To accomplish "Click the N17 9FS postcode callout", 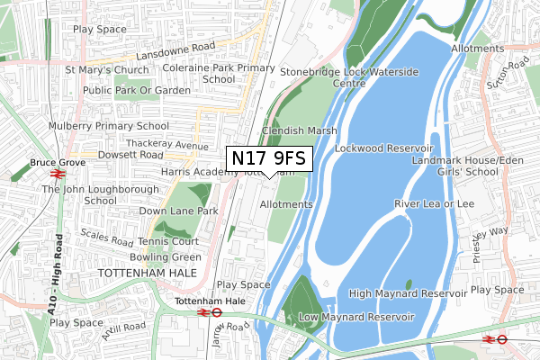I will pyautogui.click(x=269, y=158).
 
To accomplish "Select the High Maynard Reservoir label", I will pyautogui.click(x=408, y=293).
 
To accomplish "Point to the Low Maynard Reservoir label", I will pyautogui.click(x=355, y=317).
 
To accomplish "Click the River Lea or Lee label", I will pyautogui.click(x=434, y=204).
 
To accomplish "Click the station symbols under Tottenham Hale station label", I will pyautogui.click(x=210, y=312).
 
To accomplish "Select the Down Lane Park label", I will pyautogui.click(x=179, y=211).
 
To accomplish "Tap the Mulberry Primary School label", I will pyautogui.click(x=111, y=126).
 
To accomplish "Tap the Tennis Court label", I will pyautogui.click(x=168, y=242).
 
